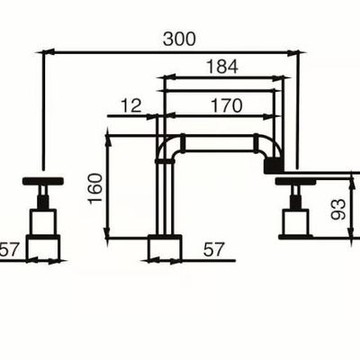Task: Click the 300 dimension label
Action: (179, 39)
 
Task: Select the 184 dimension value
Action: (222, 67)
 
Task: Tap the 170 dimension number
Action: (227, 105)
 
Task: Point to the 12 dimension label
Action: (131, 105)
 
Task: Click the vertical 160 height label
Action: (95, 188)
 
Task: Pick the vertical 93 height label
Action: (338, 209)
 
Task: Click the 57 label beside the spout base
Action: (213, 249)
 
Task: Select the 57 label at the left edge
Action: (9, 249)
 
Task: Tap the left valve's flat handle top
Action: (43, 181)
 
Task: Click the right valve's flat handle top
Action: (297, 181)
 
